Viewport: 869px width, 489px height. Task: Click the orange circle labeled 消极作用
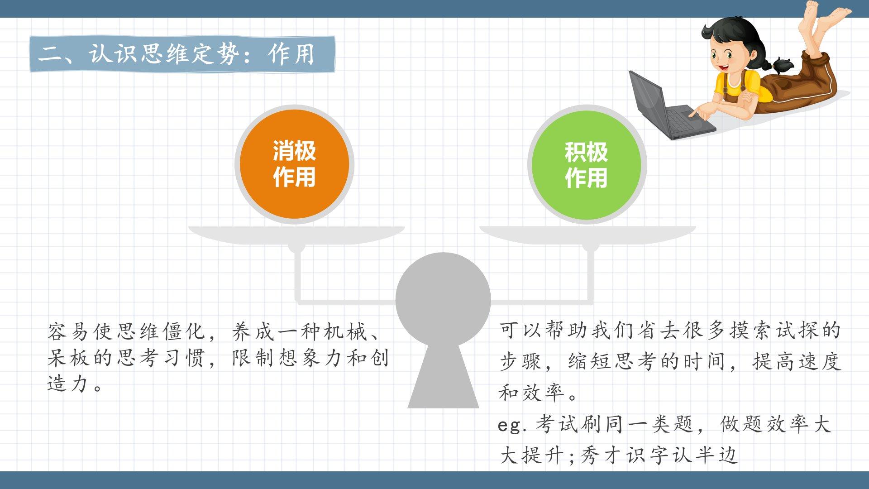tap(294, 164)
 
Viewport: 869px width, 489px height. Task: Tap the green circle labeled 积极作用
tap(587, 164)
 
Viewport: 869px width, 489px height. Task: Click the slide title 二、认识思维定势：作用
tap(176, 54)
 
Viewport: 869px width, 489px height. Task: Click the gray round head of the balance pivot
tap(443, 299)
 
